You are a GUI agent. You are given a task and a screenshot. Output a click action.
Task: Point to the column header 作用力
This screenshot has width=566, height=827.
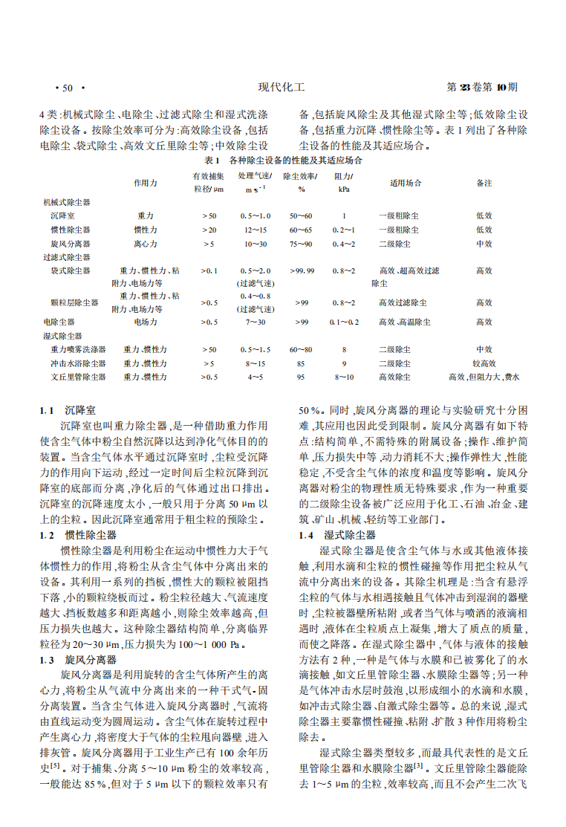coord(145,182)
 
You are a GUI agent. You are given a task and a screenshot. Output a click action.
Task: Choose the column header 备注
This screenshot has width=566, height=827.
coord(484,182)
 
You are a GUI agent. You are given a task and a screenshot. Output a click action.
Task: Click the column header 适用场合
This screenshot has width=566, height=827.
coord(406,182)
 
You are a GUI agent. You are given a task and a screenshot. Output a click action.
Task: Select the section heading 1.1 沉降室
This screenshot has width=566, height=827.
coord(77,410)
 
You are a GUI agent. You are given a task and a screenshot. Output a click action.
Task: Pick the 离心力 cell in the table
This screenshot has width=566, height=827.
coord(145,244)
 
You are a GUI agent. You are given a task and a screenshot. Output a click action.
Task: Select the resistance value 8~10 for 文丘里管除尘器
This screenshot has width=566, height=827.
coord(344,377)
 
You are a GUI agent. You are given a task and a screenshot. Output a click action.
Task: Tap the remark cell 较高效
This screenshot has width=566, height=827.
coord(484,363)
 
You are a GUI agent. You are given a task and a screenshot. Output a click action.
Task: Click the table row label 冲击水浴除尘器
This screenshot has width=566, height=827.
coord(78,363)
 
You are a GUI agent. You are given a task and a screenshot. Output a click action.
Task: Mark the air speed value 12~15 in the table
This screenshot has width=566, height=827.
coord(255,230)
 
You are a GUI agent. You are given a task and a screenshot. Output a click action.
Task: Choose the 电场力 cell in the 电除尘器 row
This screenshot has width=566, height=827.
coord(145,322)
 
